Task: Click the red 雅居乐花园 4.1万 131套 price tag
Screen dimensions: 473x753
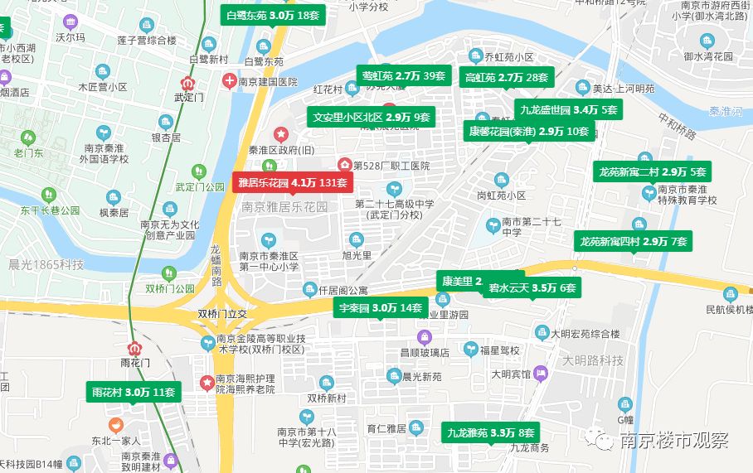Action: tap(292, 182)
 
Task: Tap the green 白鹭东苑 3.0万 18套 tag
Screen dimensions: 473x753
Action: tap(272, 15)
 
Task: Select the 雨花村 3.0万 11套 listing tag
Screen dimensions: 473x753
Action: tap(132, 393)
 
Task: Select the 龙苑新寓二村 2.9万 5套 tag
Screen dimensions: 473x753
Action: tap(652, 172)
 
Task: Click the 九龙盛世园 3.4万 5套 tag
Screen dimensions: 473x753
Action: tap(568, 109)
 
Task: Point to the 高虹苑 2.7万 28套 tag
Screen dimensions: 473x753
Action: tap(506, 78)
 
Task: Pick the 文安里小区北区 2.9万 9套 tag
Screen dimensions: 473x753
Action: tap(372, 118)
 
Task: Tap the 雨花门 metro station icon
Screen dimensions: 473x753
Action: tap(134, 348)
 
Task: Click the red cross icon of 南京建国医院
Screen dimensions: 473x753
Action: tap(229, 81)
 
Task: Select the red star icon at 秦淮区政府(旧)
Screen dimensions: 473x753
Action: tap(281, 133)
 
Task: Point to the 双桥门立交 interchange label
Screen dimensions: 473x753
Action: tap(222, 315)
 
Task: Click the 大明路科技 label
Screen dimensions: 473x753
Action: tap(593, 360)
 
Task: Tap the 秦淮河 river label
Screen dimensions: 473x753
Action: tap(726, 110)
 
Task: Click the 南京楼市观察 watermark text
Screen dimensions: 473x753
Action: tap(673, 440)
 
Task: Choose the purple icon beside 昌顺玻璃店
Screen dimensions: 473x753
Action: tap(424, 337)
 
